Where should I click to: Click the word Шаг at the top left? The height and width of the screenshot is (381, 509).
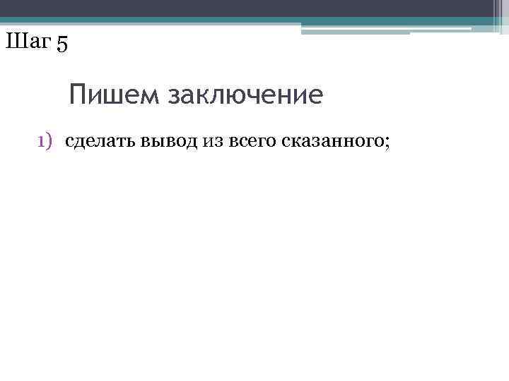27,42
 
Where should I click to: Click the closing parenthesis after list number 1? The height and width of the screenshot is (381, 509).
50,143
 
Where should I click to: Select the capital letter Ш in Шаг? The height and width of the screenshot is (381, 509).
14,42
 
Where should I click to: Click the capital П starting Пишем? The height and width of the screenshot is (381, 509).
78,95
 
